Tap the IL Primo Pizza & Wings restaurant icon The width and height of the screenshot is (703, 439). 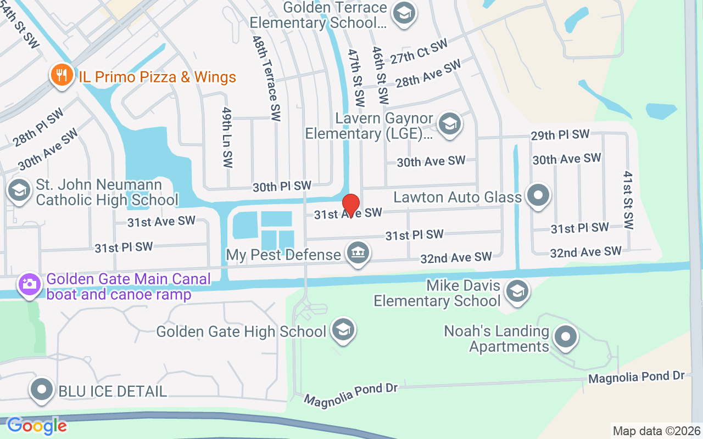[62, 75]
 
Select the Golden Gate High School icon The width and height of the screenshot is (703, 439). [344, 330]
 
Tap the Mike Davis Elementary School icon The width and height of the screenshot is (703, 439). [516, 291]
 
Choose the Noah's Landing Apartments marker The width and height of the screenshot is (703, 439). [566, 337]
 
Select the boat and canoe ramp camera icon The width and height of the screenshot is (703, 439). [29, 285]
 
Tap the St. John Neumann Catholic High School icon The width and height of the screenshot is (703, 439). [19, 191]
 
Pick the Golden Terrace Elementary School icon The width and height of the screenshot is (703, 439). [404, 14]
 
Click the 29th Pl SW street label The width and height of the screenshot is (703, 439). [560, 134]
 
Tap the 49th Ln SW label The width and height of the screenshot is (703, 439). [227, 137]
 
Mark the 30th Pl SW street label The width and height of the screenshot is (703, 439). [282, 187]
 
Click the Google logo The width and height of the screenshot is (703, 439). [36, 426]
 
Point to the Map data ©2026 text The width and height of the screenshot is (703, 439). [656, 431]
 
